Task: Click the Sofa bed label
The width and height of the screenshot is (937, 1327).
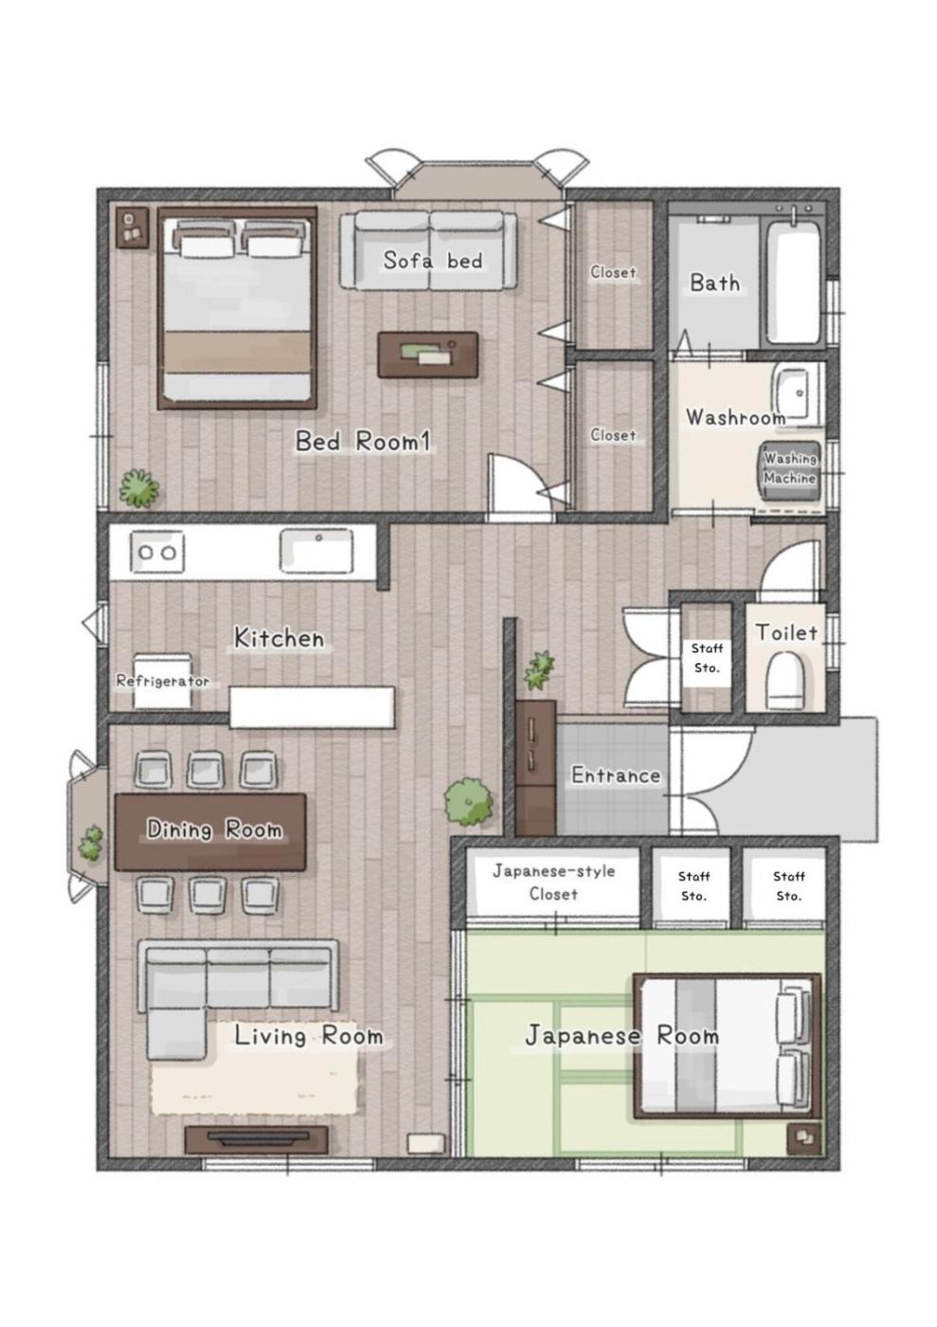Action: (433, 261)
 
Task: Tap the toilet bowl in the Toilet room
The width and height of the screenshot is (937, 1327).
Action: (784, 681)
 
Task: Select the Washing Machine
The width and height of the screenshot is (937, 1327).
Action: (790, 470)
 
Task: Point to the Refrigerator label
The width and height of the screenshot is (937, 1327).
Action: (163, 682)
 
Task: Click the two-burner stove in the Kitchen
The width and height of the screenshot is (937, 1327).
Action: (157, 552)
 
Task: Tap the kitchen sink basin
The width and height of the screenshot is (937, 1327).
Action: (316, 551)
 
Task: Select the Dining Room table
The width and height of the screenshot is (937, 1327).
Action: (210, 832)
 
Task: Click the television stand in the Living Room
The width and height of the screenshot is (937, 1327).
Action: (257, 1139)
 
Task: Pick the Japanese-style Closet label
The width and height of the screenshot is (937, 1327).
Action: (554, 882)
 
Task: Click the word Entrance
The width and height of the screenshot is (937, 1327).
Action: (616, 775)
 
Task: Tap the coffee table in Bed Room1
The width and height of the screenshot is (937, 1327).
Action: (427, 354)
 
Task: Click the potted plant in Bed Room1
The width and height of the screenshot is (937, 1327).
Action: (139, 489)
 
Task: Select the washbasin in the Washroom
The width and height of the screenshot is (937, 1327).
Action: (798, 394)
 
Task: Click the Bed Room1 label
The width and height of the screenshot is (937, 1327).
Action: (363, 442)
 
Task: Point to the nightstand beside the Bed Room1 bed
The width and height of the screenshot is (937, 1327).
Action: (132, 227)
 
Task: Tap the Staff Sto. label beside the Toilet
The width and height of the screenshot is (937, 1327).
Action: (707, 658)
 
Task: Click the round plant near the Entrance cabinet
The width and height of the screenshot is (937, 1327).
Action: (468, 802)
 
